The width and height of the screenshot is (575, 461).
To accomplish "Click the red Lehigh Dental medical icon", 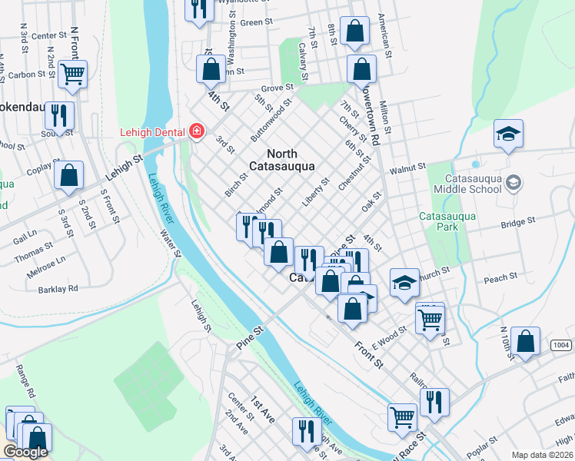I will tap(197, 131).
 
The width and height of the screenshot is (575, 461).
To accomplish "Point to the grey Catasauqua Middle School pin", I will tap(514, 183).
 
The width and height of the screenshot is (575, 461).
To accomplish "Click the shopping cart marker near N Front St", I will tap(73, 75).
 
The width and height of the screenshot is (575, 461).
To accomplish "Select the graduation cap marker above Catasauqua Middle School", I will tap(508, 135).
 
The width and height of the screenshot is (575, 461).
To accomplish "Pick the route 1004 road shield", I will tap(561, 347).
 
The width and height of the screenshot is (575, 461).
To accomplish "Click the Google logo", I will tap(25, 452).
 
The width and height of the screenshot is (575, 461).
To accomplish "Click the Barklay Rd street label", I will tap(58, 289).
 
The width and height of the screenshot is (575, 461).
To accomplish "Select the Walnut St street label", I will tap(407, 167).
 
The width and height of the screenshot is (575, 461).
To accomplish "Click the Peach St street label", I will tap(500, 279).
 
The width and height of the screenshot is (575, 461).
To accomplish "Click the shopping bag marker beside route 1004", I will tap(525, 343).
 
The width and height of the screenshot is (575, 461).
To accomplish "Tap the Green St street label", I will tap(252, 22).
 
